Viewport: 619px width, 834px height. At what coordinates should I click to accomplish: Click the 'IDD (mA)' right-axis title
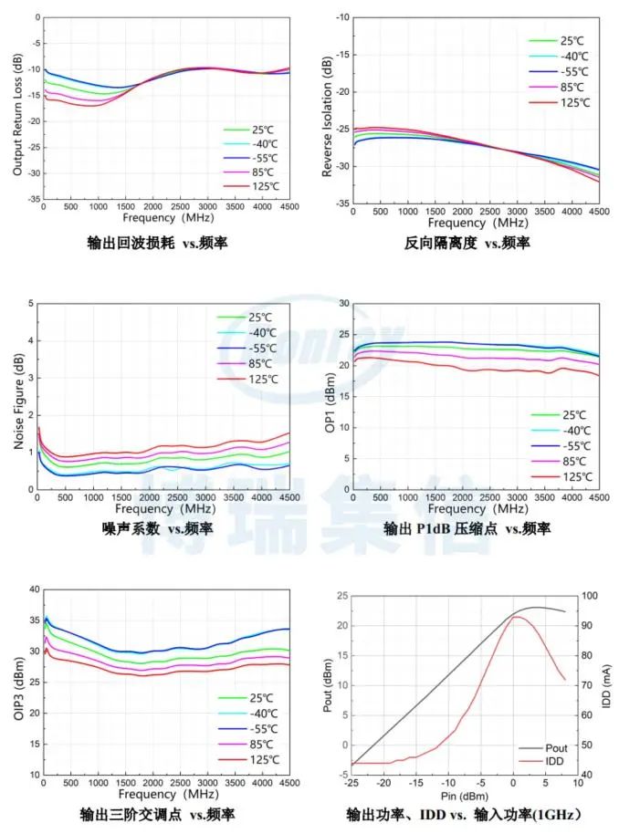[x=607, y=685]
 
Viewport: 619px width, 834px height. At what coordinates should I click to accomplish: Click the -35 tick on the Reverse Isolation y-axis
[x=341, y=203]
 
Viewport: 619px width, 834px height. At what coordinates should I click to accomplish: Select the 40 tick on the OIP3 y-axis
[x=32, y=590]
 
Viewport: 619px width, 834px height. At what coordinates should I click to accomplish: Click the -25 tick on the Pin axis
[x=351, y=783]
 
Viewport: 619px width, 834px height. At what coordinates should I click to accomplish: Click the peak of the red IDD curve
[x=515, y=617]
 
